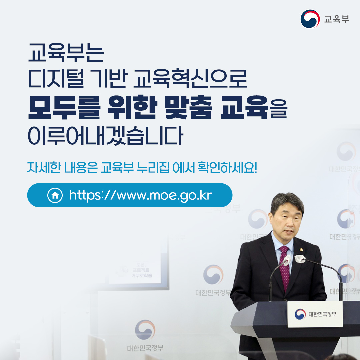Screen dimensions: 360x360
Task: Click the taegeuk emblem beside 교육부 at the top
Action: pos(310,19)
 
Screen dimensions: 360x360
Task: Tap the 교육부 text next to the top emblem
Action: pos(337,19)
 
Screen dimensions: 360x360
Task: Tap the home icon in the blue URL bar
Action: pos(55,195)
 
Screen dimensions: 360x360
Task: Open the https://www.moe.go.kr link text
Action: pos(140,195)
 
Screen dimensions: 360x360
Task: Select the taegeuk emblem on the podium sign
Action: pos(300,314)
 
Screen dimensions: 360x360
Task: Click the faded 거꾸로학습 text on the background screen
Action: pos(142,276)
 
